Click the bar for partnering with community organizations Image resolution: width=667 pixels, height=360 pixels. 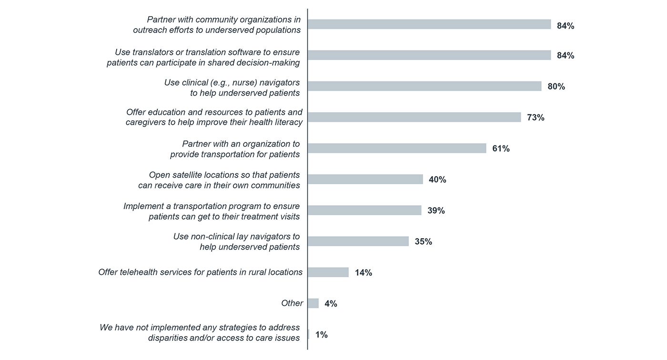tap(429, 24)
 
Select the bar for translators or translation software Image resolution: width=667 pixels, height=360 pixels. tap(429, 55)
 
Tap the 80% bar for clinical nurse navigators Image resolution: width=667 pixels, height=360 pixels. tap(424, 86)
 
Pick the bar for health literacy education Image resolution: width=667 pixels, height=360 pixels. tap(414, 117)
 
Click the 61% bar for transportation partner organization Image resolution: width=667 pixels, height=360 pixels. tap(396, 148)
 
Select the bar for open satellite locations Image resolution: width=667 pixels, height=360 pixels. tap(365, 179)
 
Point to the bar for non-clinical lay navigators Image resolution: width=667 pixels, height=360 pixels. tap(358, 241)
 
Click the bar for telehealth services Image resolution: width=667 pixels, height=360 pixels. tap(328, 272)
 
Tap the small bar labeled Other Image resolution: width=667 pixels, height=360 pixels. tap(313, 303)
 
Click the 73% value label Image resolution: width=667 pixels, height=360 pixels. tap(536, 118)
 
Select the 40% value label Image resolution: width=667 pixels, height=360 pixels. tap(437, 180)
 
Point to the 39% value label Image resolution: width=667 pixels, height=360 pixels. tap(436, 210)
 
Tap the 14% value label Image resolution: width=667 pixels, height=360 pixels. tap(364, 273)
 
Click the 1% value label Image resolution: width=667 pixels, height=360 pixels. tap(321, 335)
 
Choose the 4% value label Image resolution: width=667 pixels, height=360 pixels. tap(331, 304)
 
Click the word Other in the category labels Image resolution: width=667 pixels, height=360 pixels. tap(292, 303)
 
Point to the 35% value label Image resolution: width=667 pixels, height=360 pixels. tap(423, 242)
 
